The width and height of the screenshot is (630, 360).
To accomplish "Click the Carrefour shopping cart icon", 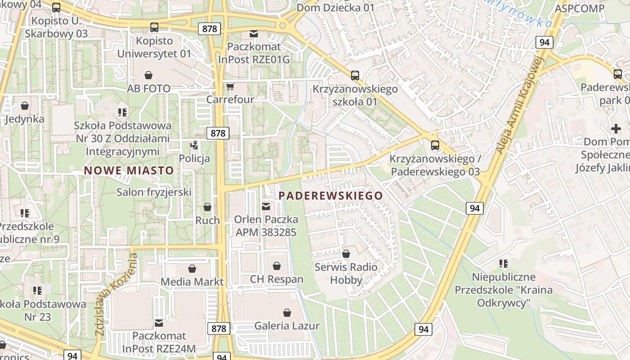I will point(230,86).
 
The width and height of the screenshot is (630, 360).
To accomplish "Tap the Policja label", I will point(194,158).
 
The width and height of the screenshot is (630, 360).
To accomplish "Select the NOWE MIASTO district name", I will point(129,171).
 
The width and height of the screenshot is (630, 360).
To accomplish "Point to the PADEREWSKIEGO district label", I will point(331,196).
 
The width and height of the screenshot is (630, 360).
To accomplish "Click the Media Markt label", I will point(192,282).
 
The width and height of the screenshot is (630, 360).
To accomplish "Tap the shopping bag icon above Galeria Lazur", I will point(287,313).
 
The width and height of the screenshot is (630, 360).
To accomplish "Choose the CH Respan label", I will point(277,279).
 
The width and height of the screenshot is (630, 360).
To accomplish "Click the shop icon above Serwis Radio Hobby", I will point(346,254).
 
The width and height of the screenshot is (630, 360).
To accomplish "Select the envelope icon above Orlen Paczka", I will point(266,207).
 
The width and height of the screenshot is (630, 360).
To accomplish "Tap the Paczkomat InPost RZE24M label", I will point(159,342).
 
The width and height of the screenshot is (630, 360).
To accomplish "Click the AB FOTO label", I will point(149,88).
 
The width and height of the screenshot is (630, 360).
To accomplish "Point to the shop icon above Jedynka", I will point(25,106).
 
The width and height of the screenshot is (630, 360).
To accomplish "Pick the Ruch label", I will point(207,220).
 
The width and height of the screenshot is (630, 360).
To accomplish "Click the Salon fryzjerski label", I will point(154,193).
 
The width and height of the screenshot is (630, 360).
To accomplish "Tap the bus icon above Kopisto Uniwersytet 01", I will point(154,27).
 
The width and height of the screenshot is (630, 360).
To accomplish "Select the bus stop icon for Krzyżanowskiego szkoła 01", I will point(355,76).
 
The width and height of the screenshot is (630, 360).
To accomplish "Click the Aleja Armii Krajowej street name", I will point(520,106).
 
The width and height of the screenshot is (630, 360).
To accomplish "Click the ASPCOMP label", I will point(580,9).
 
